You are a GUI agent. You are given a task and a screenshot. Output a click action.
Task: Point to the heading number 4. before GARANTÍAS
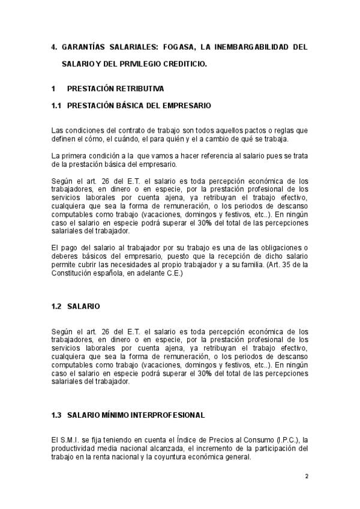(55, 46)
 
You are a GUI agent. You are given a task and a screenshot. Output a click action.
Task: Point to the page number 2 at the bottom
(306, 476)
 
